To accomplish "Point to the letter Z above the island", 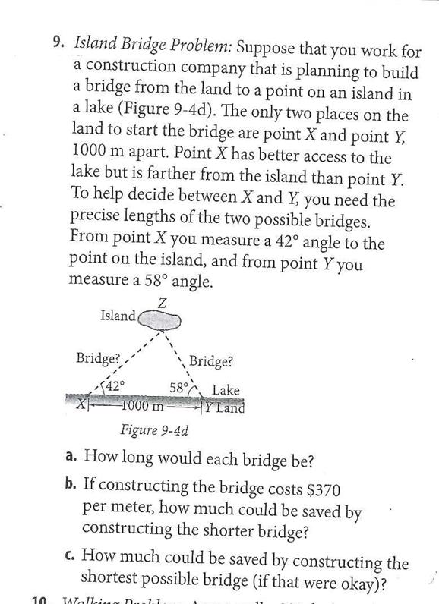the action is click(163, 302).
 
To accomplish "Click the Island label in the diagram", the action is click(117, 315).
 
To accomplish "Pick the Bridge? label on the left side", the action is click(98, 357).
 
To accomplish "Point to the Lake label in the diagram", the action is click(226, 390).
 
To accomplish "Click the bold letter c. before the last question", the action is click(70, 555).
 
